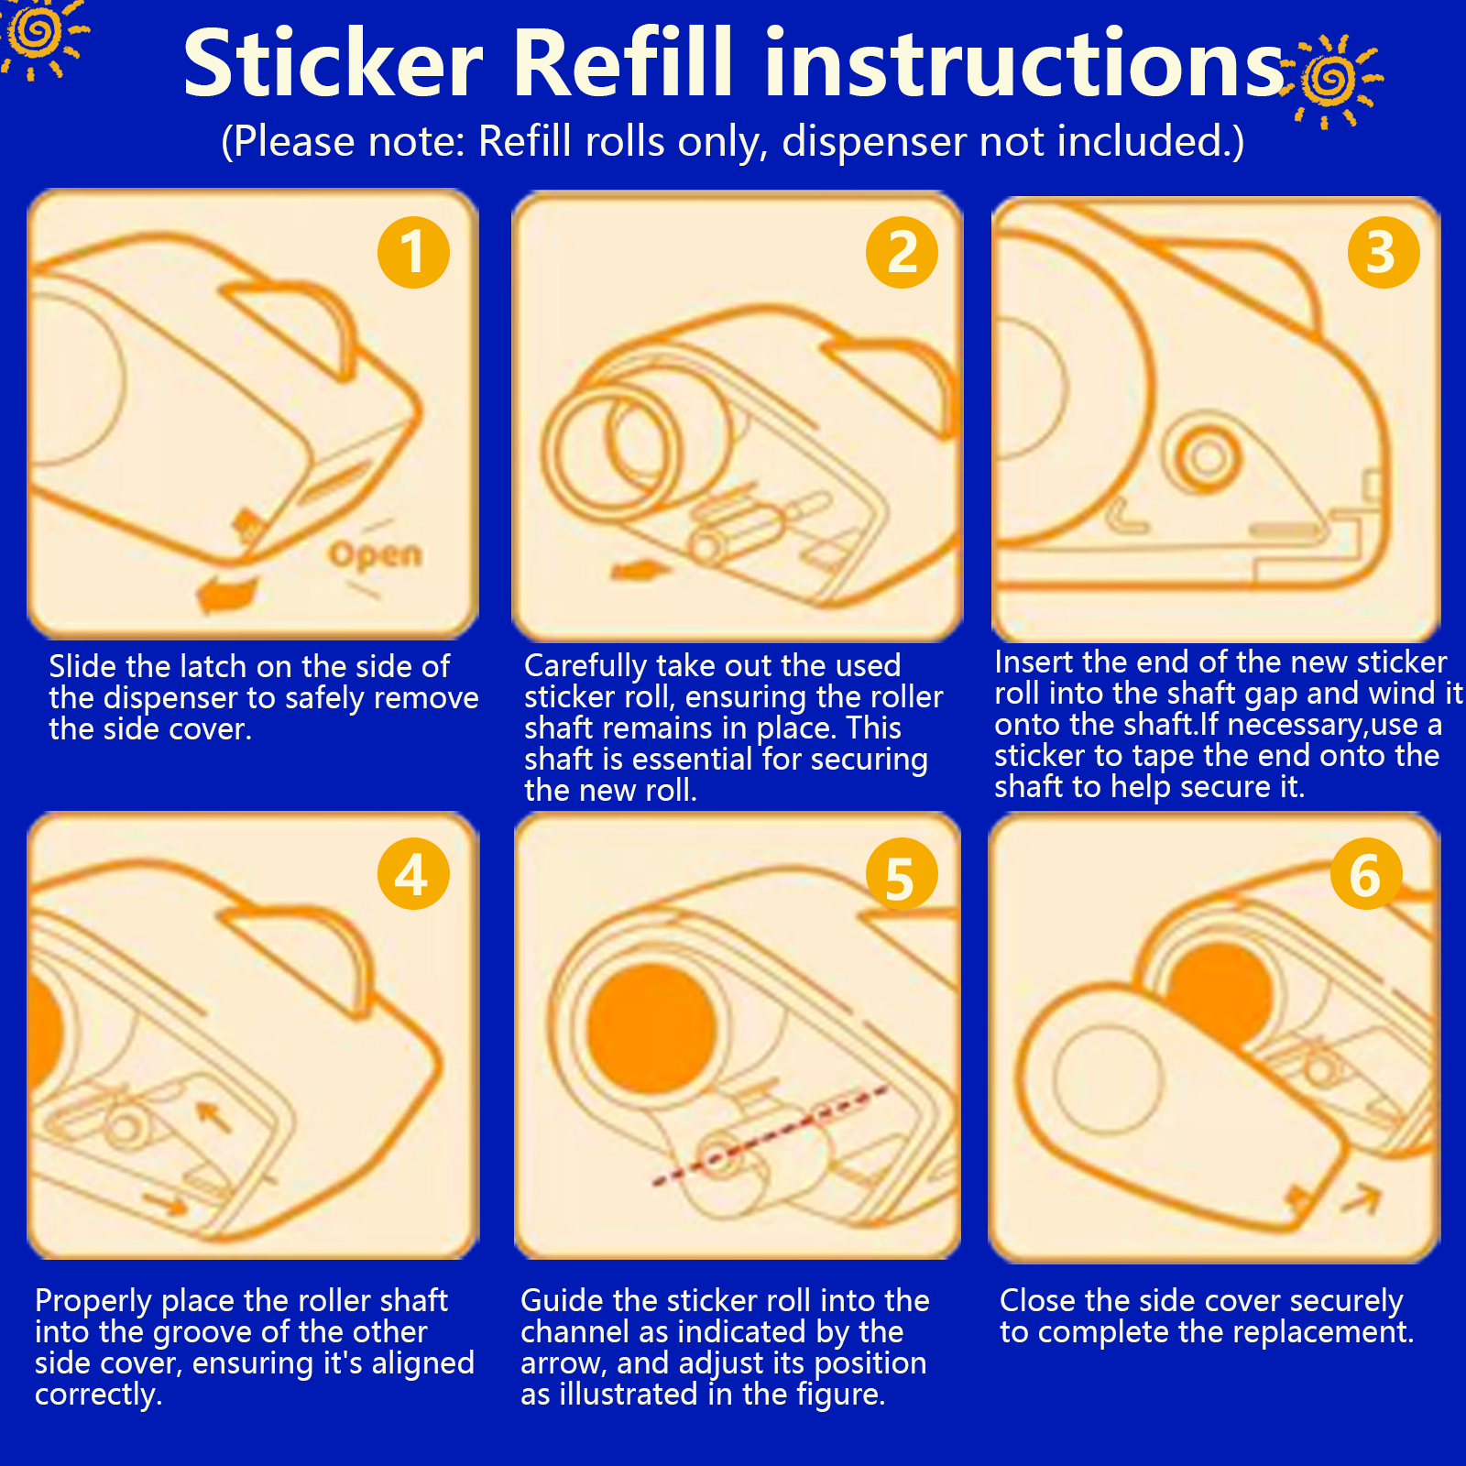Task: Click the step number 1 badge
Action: (413, 252)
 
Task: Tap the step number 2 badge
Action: (902, 252)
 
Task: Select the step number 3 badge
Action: (1384, 252)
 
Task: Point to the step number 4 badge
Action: (413, 873)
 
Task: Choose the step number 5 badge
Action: (902, 875)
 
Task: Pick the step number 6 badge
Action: (1366, 873)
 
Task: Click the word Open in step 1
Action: (376, 554)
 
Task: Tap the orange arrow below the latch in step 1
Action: (226, 593)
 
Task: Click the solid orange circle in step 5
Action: (651, 1027)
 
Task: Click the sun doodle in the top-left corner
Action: (39, 35)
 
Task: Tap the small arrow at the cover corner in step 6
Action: (1362, 1197)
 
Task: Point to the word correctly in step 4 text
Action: (98, 1395)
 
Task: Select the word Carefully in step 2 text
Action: (584, 666)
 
